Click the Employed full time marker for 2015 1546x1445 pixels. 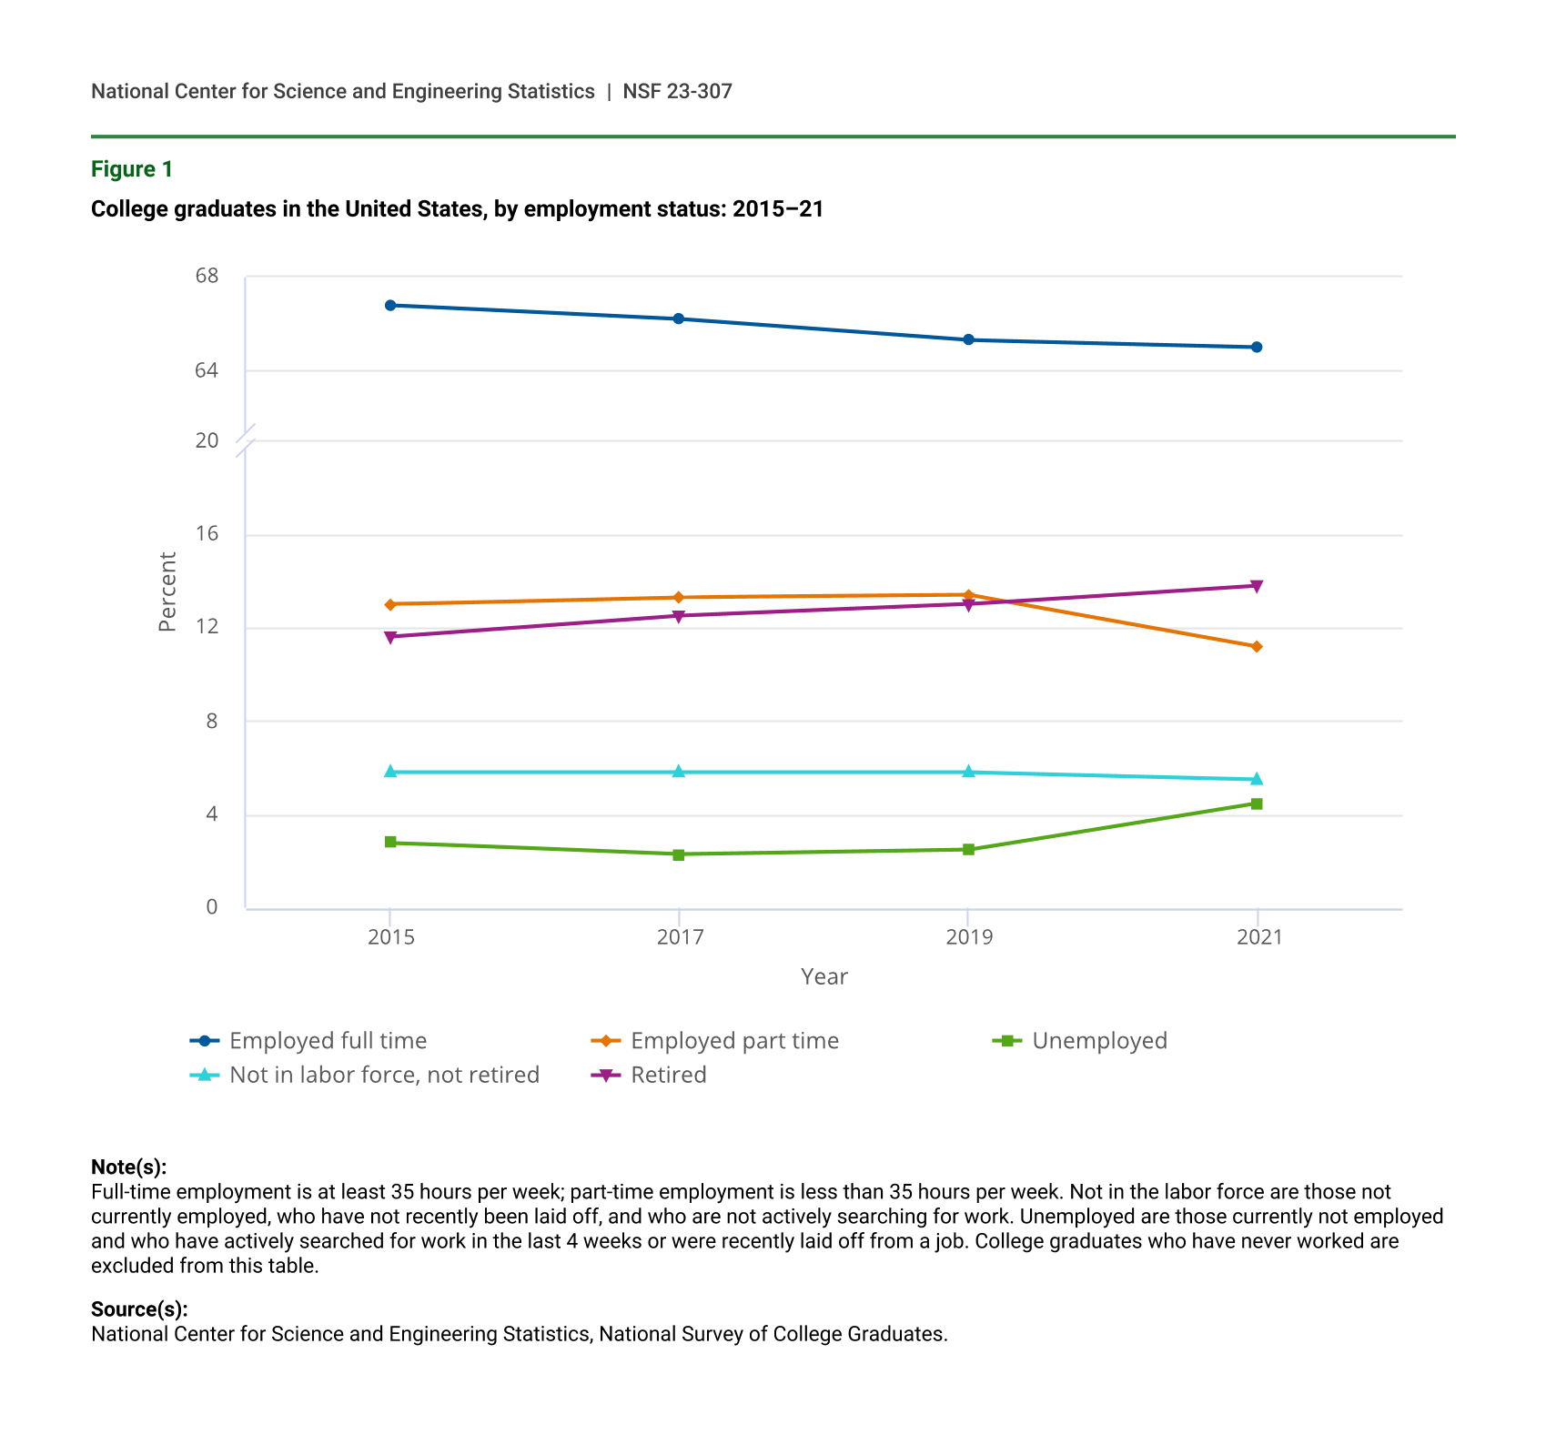390,306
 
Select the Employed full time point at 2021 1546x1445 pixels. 1257,348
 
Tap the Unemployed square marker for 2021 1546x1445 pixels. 1257,804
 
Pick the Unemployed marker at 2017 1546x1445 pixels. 679,855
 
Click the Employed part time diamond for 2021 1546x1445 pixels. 1257,647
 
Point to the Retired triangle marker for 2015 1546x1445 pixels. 390,638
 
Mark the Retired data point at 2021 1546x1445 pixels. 1257,586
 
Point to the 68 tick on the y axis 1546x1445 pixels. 207,276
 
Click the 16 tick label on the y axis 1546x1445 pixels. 207,534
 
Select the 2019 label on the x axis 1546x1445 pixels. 969,937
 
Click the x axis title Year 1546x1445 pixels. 824,977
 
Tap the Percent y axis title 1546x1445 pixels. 167,592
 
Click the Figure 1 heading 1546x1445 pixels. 132,169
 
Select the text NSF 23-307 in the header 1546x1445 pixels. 677,92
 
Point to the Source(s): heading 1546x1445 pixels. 139,1309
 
